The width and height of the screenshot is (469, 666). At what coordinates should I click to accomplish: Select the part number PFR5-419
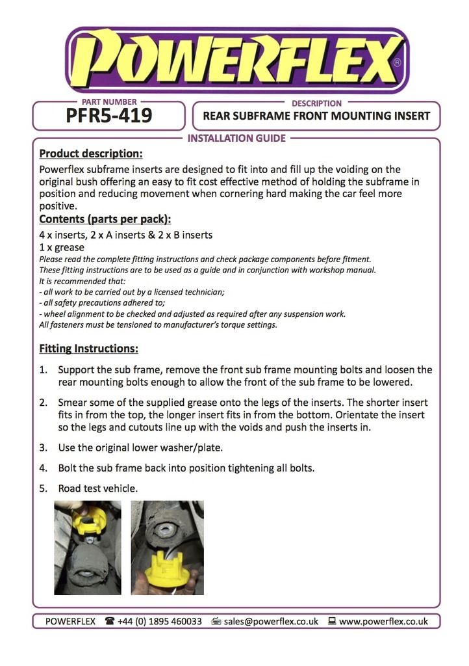click(x=108, y=116)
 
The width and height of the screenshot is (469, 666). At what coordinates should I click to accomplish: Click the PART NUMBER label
click(x=109, y=101)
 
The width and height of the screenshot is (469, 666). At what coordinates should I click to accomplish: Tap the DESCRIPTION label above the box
click(x=316, y=103)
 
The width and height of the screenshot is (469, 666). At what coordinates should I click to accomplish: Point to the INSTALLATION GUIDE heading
click(x=236, y=138)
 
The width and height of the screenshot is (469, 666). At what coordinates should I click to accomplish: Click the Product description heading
click(x=91, y=154)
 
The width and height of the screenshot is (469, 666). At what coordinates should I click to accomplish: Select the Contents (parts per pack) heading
click(x=105, y=219)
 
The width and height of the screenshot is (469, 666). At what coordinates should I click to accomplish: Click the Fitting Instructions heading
click(x=88, y=349)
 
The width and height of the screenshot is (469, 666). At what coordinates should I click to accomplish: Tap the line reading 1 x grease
click(x=62, y=247)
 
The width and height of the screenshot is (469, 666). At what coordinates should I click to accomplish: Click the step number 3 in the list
click(x=43, y=447)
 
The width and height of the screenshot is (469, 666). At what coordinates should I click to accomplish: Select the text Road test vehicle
click(x=98, y=488)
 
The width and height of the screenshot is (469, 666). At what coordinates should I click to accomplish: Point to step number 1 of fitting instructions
click(x=43, y=369)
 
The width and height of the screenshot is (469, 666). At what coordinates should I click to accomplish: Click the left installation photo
click(x=87, y=547)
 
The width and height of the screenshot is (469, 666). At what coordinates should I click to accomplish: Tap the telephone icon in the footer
click(x=109, y=621)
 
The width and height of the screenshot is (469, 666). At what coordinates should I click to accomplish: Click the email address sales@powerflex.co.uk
click(x=271, y=621)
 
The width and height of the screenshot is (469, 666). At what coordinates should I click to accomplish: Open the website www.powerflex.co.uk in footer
click(x=383, y=621)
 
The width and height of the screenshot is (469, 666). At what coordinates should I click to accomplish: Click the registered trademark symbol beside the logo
click(x=397, y=63)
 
